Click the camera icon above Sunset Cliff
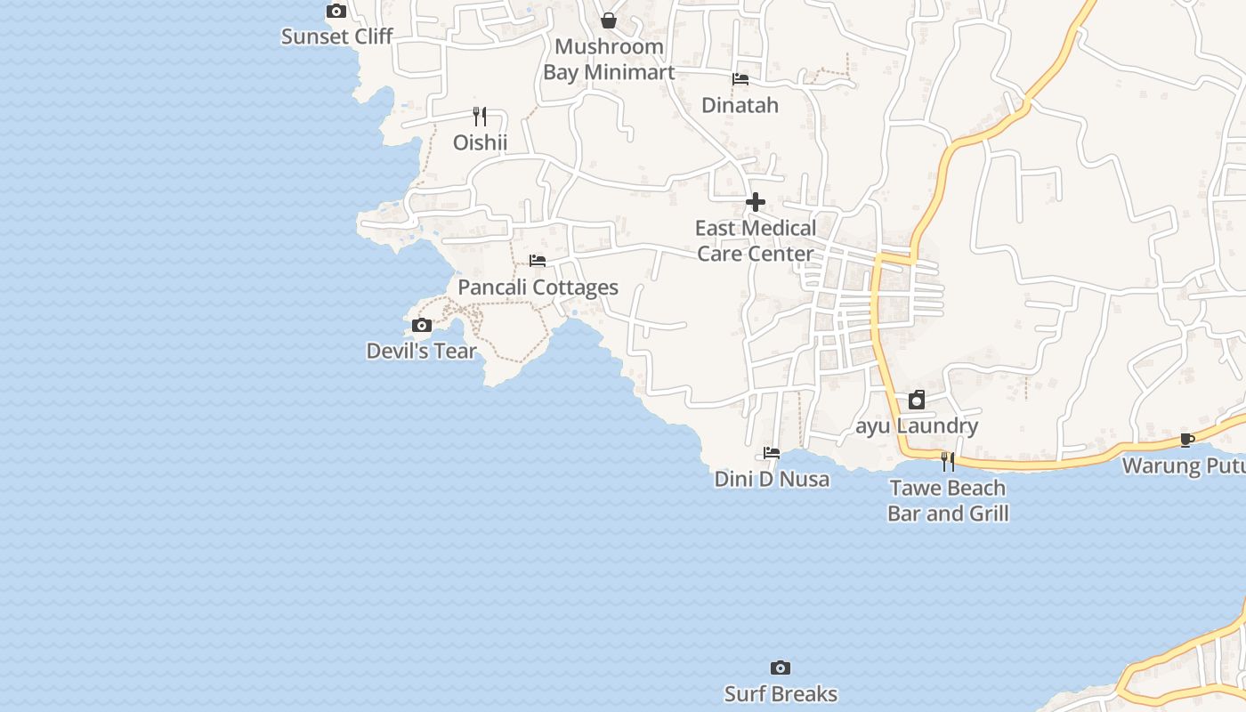pos(336,12)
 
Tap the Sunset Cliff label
pos(336,36)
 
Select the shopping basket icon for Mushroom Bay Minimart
pos(609,20)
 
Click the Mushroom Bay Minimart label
pos(609,59)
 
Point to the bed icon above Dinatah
pos(740,79)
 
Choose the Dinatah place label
pos(740,105)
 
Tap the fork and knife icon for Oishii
pos(480,117)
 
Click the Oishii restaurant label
pos(480,142)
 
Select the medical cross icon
pos(756,203)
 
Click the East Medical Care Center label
pos(756,241)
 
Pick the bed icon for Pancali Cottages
pos(538,261)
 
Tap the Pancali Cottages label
pos(538,287)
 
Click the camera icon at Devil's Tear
pos(423,326)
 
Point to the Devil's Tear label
pos(422,352)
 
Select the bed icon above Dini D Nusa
pos(772,453)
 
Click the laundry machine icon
pos(917,400)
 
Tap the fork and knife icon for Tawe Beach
pos(948,462)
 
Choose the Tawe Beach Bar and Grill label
pos(948,500)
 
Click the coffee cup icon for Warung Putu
pos(1186,440)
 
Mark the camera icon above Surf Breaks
pos(781,668)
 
